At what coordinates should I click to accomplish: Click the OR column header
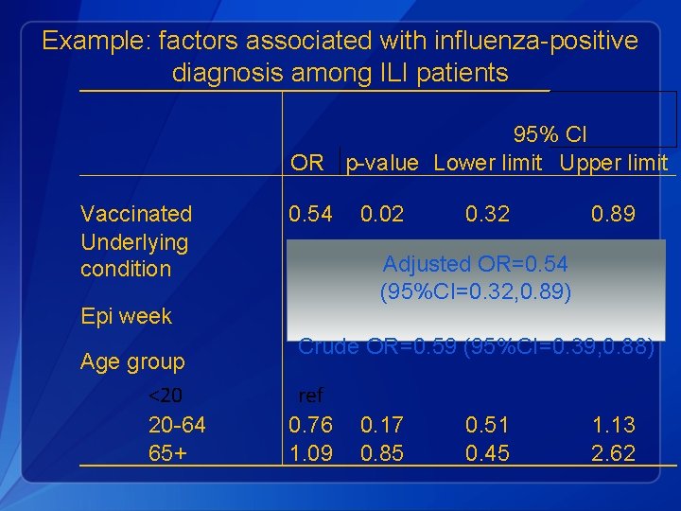coord(307,163)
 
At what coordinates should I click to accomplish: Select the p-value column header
coord(382,163)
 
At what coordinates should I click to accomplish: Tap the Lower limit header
coord(488,163)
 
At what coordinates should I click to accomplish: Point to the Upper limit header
coord(614,163)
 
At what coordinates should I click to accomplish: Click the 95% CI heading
coord(550,135)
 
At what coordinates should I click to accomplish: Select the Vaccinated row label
coord(136,214)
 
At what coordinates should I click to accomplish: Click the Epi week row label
coord(126,316)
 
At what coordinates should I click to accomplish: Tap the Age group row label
coord(132,361)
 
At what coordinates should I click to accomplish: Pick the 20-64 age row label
coord(177,425)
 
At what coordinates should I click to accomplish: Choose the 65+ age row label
coord(167,453)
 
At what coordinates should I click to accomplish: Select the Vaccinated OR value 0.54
coord(310,214)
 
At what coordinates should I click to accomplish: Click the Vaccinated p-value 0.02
coord(382,214)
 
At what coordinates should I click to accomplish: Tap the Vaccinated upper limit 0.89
coord(613,214)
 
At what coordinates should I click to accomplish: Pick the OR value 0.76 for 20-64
coord(310,425)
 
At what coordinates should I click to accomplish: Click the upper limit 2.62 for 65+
coord(613,453)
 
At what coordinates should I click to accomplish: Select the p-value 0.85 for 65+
coord(382,453)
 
